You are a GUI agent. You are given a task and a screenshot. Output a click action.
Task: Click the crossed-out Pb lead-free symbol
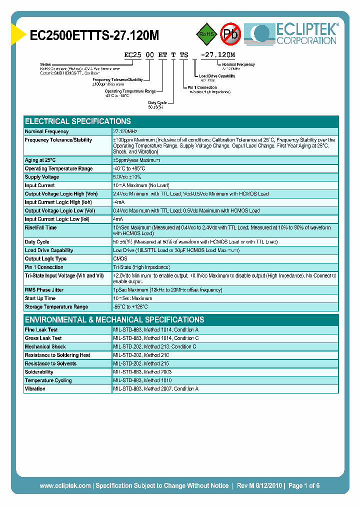[230, 34]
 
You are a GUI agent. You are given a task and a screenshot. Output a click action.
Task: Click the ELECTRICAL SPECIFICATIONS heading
[78, 121]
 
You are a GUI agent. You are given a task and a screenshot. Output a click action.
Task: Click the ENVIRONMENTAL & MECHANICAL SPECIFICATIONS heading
[114, 320]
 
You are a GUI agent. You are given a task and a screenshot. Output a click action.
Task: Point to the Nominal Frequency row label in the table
[46, 131]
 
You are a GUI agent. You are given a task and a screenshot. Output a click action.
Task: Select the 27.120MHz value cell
[125, 131]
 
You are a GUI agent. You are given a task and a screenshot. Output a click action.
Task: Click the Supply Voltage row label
[42, 177]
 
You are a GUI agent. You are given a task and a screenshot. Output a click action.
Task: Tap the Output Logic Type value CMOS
[120, 258]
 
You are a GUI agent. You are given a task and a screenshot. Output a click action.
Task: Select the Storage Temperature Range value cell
[130, 307]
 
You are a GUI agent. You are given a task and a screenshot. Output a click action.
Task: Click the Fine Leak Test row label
[41, 330]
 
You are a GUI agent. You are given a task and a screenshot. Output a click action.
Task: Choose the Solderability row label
[39, 372]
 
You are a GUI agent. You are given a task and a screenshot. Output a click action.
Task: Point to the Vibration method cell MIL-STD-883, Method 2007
[156, 389]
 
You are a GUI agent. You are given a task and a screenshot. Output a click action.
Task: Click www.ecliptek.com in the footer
[65, 485]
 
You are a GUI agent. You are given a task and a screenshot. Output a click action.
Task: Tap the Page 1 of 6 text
[304, 485]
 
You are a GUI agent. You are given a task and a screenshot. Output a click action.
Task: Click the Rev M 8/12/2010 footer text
[258, 485]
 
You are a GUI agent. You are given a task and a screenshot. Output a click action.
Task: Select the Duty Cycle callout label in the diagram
[157, 102]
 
